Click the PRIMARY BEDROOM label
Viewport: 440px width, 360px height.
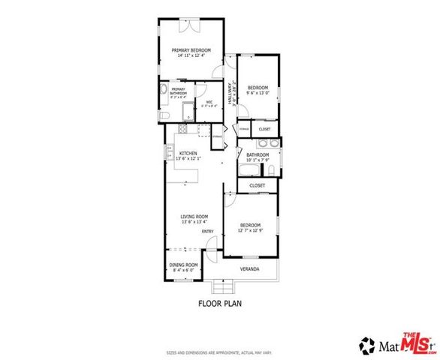tap(191, 50)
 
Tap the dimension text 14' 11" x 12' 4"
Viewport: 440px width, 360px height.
tap(191, 55)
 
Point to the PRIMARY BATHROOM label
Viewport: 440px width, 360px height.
tap(178, 91)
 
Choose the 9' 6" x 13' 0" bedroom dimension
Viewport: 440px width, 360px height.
tap(258, 92)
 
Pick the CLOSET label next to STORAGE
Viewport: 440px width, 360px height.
tap(264, 129)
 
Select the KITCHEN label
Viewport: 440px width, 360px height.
tap(188, 154)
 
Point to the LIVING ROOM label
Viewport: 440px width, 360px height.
tap(192, 217)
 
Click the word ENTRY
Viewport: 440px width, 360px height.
tap(208, 231)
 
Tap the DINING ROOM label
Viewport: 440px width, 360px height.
tap(182, 265)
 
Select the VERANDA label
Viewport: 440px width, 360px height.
tap(249, 268)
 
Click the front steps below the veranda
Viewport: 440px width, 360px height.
tap(223, 286)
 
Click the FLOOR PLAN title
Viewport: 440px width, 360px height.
tap(218, 304)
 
